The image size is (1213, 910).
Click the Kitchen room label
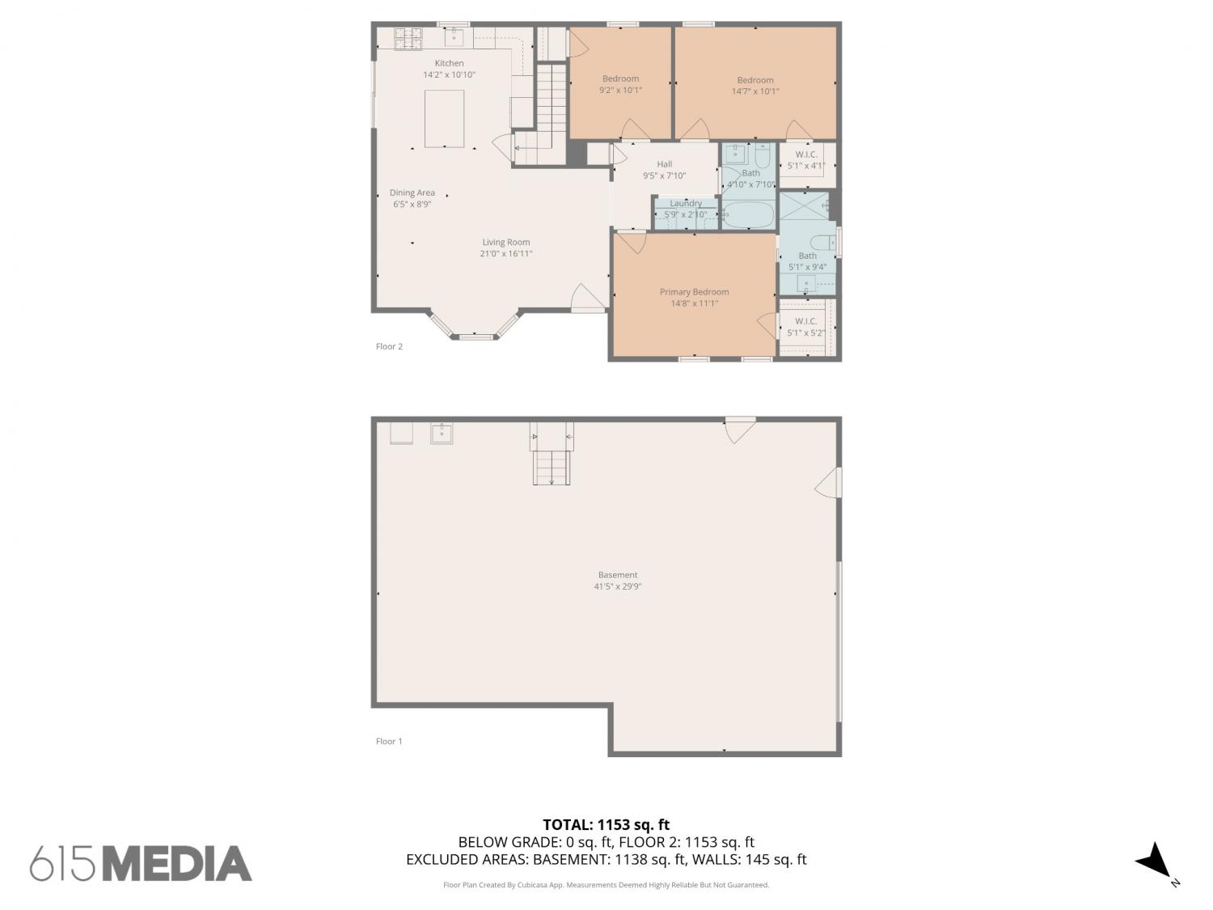[449, 63]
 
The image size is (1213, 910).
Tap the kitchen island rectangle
[444, 119]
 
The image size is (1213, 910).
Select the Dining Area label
[412, 193]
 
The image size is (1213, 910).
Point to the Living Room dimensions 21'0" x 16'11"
[505, 254]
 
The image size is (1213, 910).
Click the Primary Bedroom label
[694, 292]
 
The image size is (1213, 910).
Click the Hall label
[664, 164]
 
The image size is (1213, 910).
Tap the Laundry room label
[685, 203]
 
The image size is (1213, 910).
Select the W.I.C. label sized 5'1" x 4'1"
[805, 154]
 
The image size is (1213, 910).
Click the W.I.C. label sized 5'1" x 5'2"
[805, 321]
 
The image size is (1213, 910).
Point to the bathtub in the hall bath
[749, 215]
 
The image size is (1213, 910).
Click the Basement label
[617, 574]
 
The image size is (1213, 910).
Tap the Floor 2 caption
[389, 346]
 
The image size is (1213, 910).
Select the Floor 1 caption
[389, 741]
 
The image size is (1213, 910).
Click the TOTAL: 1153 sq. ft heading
[606, 824]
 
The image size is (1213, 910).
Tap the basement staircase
[552, 454]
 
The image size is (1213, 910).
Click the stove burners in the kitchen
[408, 39]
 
